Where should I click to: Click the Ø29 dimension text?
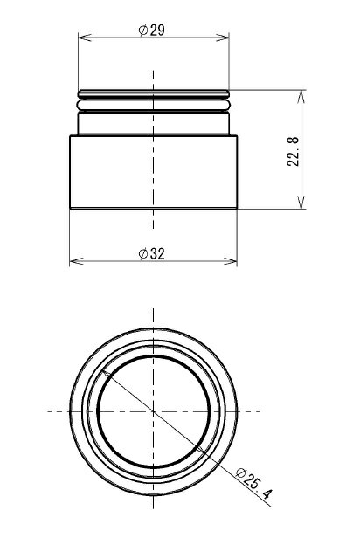click(x=152, y=31)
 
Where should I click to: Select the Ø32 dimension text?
click(x=152, y=254)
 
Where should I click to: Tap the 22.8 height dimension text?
click(x=293, y=151)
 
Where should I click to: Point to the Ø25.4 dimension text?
click(x=254, y=484)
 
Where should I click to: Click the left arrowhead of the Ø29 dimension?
click(x=85, y=38)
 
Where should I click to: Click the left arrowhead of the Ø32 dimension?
click(x=77, y=261)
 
